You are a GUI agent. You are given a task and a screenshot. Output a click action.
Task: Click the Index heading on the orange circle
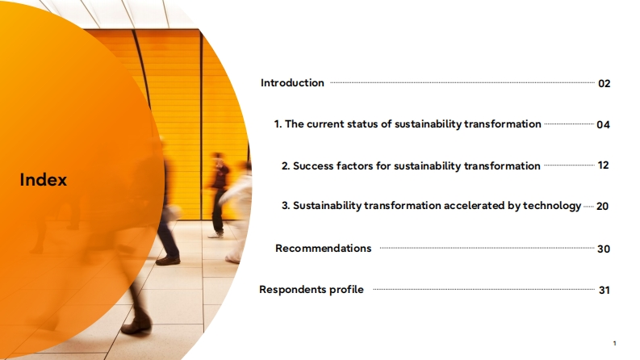point(44,179)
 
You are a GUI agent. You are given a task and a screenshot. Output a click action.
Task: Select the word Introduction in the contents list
point(292,83)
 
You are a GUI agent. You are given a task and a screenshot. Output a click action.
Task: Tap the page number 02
point(604,84)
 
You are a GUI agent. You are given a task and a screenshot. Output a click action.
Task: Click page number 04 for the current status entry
point(603,124)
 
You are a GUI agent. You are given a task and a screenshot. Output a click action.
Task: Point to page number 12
point(603,165)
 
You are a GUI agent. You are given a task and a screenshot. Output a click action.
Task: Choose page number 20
point(602,206)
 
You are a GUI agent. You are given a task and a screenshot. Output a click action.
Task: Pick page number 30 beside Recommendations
point(604,249)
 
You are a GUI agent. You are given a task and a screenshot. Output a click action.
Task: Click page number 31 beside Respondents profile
point(604,291)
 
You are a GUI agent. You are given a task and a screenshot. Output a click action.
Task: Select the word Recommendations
point(324,248)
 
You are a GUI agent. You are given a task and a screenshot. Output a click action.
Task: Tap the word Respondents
point(293,290)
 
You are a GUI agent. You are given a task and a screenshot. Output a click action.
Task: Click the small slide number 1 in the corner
point(614,343)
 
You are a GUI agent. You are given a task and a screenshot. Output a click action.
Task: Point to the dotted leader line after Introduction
point(462,82)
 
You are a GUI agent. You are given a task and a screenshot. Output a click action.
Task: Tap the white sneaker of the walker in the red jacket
point(215,235)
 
